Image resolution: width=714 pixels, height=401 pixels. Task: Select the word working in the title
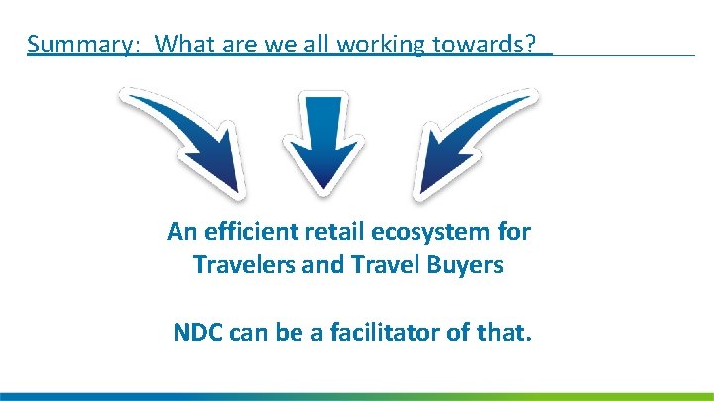(x=379, y=45)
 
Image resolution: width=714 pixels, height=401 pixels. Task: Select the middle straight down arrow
(x=322, y=139)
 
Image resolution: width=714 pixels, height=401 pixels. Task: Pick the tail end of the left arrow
(x=129, y=98)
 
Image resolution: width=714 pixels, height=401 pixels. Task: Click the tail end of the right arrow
(x=530, y=98)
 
